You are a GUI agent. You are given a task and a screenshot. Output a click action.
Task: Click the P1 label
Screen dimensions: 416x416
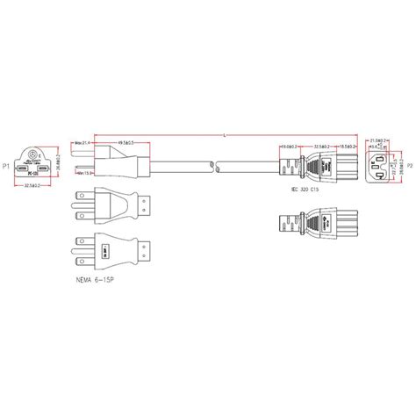pyautogui.click(x=6, y=165)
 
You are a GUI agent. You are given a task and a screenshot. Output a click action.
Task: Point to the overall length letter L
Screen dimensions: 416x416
pyautogui.click(x=226, y=134)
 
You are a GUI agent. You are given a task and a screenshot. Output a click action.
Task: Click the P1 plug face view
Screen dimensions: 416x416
pyautogui.click(x=35, y=162)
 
